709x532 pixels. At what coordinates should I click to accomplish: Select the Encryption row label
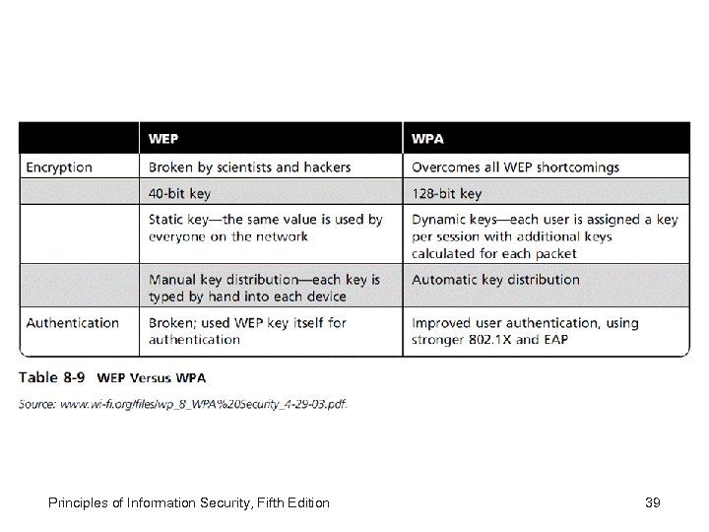coord(59,167)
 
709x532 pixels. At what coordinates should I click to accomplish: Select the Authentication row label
coord(72,322)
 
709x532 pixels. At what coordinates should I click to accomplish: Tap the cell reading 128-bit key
coord(447,193)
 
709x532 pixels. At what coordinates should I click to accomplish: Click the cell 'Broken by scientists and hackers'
coord(249,167)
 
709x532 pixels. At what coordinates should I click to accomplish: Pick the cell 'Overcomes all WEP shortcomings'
coord(516,167)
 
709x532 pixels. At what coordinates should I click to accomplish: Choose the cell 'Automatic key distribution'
coord(495,280)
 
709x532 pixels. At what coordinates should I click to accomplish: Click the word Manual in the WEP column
coord(172,280)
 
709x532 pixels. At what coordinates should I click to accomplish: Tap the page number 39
coord(651,503)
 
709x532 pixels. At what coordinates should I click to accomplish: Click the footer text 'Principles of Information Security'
coord(146,503)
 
